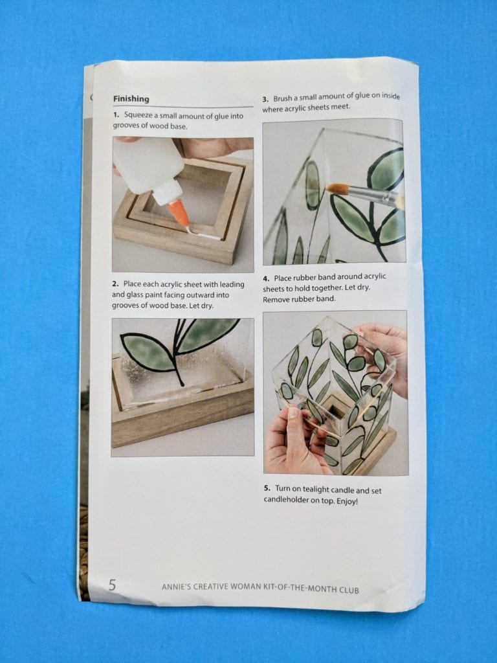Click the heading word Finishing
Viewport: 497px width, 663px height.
pos(131,98)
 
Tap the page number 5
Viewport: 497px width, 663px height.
pos(112,585)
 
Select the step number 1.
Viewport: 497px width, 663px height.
pos(116,115)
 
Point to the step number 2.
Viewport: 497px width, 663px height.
pos(115,284)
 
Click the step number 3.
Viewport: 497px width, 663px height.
pos(265,100)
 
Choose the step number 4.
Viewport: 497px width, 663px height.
pos(266,279)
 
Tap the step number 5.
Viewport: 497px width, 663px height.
pos(267,488)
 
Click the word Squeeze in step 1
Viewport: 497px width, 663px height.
pos(138,115)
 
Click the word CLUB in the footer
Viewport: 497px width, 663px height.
pos(349,590)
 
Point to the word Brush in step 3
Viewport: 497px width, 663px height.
pos(283,99)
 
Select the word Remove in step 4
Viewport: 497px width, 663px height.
pos(276,299)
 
